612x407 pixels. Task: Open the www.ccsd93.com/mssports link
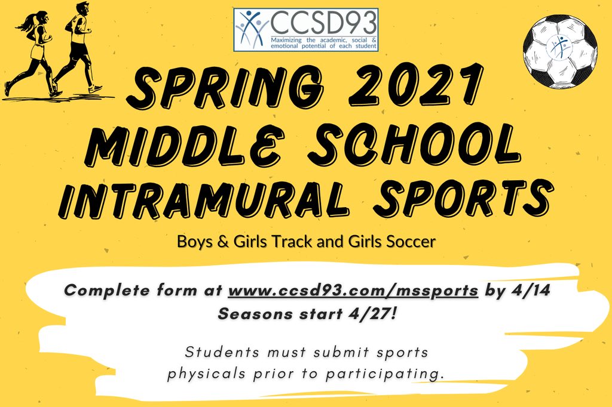pyautogui.click(x=353, y=291)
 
